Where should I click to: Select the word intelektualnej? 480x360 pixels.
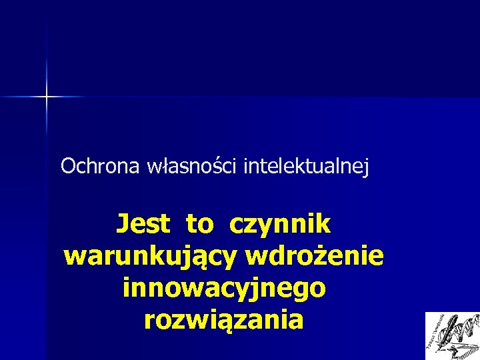click(x=306, y=166)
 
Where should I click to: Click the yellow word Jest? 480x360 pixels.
click(x=143, y=224)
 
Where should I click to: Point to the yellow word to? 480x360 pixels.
click(x=199, y=225)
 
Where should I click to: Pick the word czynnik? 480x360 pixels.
click(x=280, y=224)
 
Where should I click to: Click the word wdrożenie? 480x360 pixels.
click(x=315, y=255)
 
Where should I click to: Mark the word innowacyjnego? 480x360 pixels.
click(x=225, y=288)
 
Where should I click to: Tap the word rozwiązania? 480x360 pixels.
click(x=224, y=320)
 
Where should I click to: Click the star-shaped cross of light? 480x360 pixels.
click(x=47, y=97)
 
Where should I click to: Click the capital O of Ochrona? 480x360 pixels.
click(x=68, y=165)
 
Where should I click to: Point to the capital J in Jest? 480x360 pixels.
click(x=123, y=224)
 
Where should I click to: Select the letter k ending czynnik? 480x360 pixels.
click(x=323, y=224)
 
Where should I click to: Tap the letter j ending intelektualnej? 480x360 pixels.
click(x=365, y=167)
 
